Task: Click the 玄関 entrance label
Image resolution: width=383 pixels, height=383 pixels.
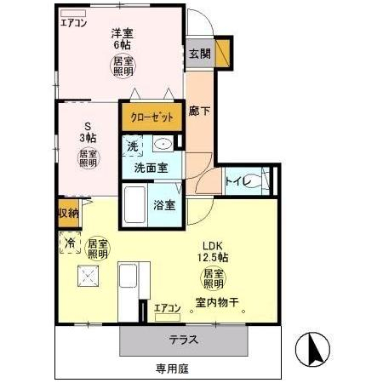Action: click(200, 54)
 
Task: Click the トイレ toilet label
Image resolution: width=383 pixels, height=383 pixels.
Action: click(236, 180)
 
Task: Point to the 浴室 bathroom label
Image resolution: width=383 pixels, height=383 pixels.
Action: click(164, 205)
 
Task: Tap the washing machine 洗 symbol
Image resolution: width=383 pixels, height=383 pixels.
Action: click(133, 146)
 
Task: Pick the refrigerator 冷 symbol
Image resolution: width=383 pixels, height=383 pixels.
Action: click(69, 243)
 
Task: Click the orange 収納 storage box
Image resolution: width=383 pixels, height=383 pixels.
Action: click(69, 214)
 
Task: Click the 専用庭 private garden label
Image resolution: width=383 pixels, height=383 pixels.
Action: click(170, 369)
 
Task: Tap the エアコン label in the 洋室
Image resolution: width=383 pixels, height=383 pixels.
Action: click(73, 23)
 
